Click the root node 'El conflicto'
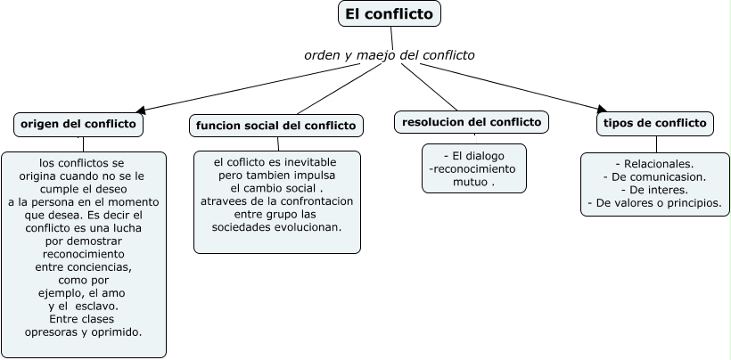[x=390, y=14]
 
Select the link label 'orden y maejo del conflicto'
[x=390, y=55]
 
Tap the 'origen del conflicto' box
[x=78, y=124]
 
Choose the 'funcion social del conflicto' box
[x=276, y=126]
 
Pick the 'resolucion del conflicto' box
[x=472, y=122]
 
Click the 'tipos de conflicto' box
[x=655, y=123]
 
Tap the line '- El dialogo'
[x=473, y=155]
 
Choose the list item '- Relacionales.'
[x=654, y=164]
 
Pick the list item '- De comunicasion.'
[x=654, y=176]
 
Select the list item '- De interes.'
[x=654, y=190]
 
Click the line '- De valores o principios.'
[x=654, y=203]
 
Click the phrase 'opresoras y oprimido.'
[x=84, y=331]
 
